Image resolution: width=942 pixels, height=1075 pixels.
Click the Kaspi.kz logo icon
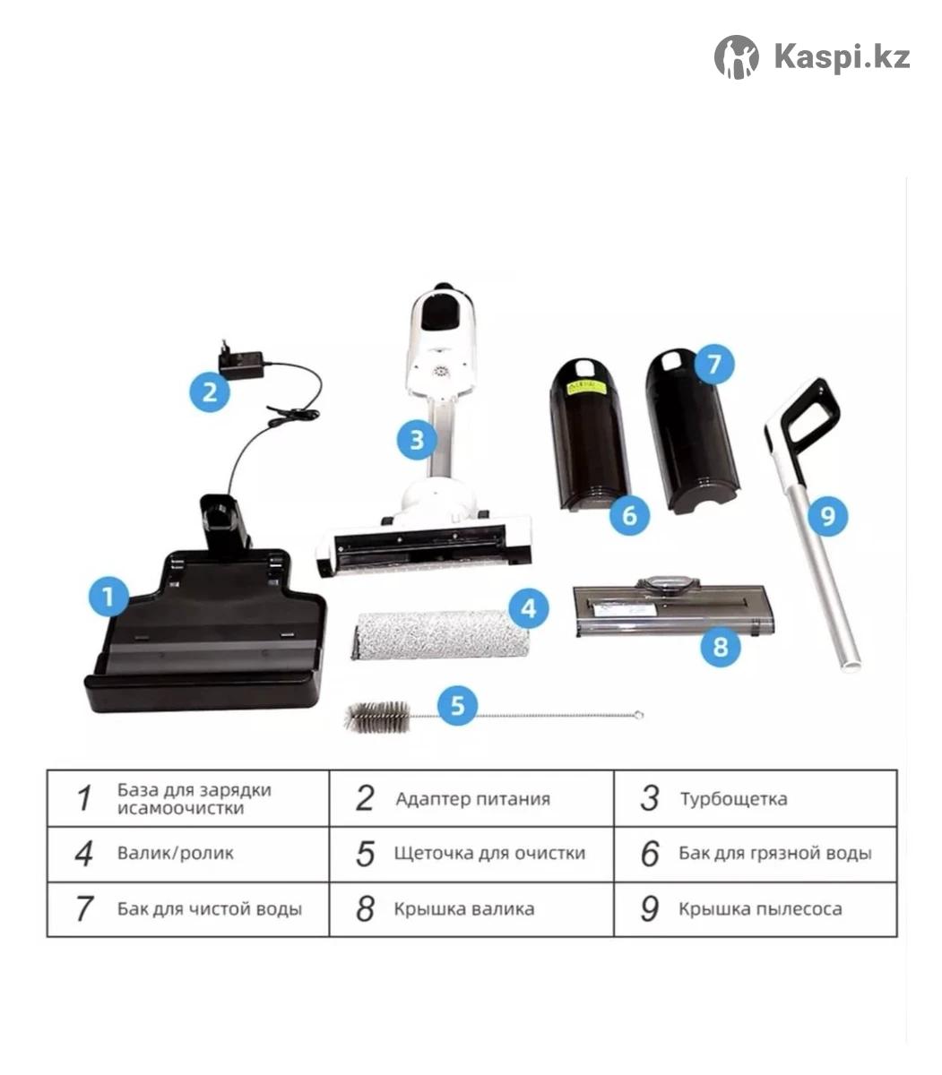pyautogui.click(x=736, y=56)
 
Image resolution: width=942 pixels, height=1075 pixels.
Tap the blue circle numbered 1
pyautogui.click(x=108, y=597)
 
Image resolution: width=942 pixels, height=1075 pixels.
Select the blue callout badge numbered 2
pyautogui.click(x=210, y=392)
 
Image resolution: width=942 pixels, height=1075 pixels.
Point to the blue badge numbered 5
pyautogui.click(x=458, y=706)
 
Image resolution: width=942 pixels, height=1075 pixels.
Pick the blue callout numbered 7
pyautogui.click(x=713, y=364)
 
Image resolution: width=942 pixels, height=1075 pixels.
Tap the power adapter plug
pyautogui.click(x=241, y=358)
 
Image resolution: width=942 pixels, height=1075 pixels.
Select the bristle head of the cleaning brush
pyautogui.click(x=377, y=716)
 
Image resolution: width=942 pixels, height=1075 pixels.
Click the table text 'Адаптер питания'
pyautogui.click(x=473, y=800)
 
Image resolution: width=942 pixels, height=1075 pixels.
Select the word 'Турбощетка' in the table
pyautogui.click(x=734, y=800)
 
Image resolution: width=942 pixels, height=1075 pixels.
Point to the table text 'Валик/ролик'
pyautogui.click(x=176, y=853)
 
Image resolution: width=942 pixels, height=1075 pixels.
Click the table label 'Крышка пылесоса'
pyautogui.click(x=760, y=909)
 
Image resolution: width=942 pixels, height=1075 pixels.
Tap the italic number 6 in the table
pyautogui.click(x=650, y=853)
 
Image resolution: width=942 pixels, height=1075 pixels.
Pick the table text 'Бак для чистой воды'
pyautogui.click(x=210, y=909)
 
